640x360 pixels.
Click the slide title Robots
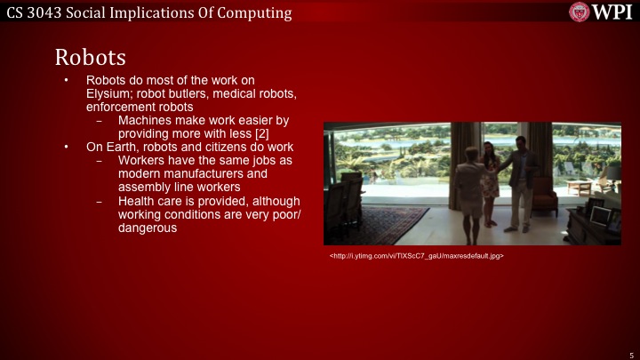90,56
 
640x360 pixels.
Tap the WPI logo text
612,12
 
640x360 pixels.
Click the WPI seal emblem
580,12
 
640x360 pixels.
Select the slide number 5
629,353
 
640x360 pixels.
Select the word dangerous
148,228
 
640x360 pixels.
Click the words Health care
150,201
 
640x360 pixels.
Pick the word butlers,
184,93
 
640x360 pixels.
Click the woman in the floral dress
490,173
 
